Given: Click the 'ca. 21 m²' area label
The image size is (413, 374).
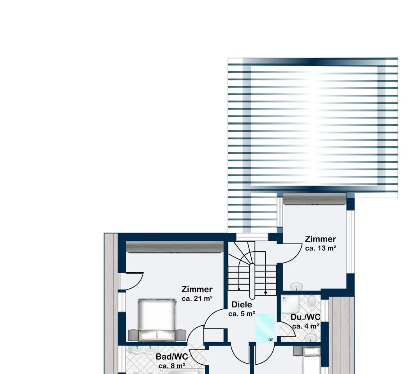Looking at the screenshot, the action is click(x=197, y=298).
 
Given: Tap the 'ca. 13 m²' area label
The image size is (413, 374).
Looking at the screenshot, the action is click(x=321, y=248).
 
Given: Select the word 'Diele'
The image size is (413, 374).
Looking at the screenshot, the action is click(x=242, y=305).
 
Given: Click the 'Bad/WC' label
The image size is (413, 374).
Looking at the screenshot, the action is click(x=172, y=356).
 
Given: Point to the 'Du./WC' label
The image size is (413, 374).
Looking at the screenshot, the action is click(x=305, y=317).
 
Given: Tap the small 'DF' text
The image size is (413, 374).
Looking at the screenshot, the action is click(x=271, y=340).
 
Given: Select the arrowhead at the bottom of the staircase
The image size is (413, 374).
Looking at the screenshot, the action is click(x=265, y=293).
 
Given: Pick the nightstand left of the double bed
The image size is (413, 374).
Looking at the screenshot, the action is click(x=133, y=335).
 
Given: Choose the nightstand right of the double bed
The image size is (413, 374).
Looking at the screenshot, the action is click(x=180, y=335).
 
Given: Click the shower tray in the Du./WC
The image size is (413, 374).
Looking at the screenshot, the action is click(x=291, y=305).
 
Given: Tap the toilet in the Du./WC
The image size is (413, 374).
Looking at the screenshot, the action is click(x=312, y=301).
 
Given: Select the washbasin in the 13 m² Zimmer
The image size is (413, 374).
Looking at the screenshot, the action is click(x=297, y=286).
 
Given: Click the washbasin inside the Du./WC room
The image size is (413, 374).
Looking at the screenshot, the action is click(x=311, y=337).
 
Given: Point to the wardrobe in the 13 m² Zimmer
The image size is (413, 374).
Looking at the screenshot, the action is click(x=314, y=199).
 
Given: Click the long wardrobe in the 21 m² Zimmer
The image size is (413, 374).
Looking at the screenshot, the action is click(x=175, y=247).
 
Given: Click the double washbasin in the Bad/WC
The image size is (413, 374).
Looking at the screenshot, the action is click(x=143, y=350).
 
